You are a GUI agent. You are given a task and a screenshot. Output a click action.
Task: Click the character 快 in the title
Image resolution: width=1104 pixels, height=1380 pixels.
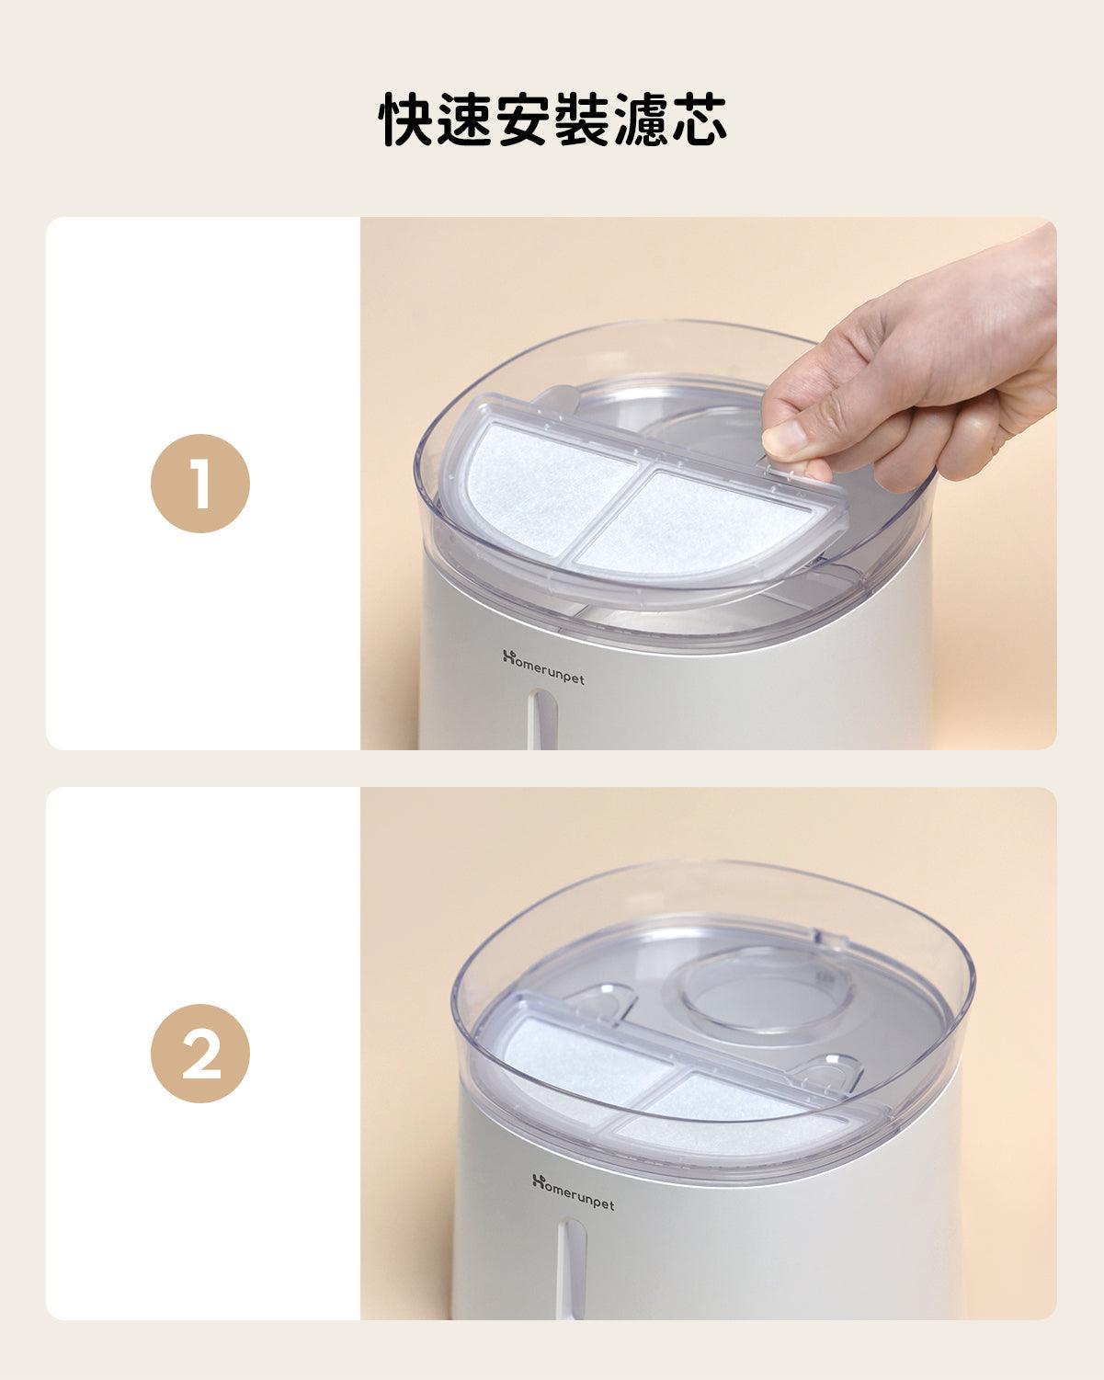(x=406, y=120)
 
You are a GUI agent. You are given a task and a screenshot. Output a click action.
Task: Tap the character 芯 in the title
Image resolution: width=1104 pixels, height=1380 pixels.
(x=699, y=120)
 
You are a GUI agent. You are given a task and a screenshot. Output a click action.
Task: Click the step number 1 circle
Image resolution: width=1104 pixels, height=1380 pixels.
(x=200, y=483)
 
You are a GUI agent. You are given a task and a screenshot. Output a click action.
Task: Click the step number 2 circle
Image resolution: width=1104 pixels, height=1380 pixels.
(x=200, y=1054)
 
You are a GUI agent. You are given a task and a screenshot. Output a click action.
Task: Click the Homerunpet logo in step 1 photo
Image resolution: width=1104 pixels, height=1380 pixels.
(x=543, y=667)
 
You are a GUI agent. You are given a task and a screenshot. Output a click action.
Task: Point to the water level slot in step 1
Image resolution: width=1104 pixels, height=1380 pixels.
(x=541, y=719)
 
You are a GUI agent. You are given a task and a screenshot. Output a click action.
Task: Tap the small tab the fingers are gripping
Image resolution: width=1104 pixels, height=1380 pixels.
(x=780, y=469)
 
